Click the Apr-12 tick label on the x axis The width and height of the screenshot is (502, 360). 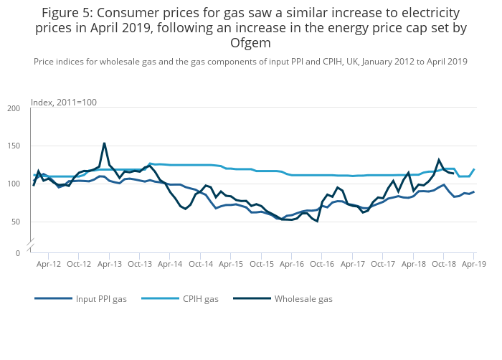pyautogui.click(x=49, y=264)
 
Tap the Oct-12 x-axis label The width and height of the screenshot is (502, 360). pyautogui.click(x=79, y=264)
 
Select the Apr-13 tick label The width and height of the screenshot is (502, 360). pyautogui.click(x=110, y=264)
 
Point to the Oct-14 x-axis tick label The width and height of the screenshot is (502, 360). pyautogui.click(x=201, y=264)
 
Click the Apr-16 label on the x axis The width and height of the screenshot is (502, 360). pyautogui.click(x=292, y=264)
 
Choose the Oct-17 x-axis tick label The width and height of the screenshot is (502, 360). pyautogui.click(x=383, y=264)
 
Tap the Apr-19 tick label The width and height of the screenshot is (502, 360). pyautogui.click(x=474, y=264)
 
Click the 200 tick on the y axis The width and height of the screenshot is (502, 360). pyautogui.click(x=14, y=109)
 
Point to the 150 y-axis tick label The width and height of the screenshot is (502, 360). pyautogui.click(x=14, y=146)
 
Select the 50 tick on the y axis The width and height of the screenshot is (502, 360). pyautogui.click(x=16, y=222)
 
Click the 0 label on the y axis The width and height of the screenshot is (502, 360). pyautogui.click(x=18, y=253)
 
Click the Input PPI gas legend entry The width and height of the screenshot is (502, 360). pyautogui.click(x=101, y=299)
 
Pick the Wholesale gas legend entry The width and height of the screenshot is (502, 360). pyautogui.click(x=303, y=299)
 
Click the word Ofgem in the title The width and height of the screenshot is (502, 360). pyautogui.click(x=250, y=42)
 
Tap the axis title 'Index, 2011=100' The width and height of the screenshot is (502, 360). pyautogui.click(x=64, y=103)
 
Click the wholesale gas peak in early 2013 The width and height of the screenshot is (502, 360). pyautogui.click(x=105, y=143)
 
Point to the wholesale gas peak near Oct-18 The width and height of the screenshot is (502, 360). pyautogui.click(x=439, y=160)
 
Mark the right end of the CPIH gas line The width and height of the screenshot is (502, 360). pyautogui.click(x=474, y=169)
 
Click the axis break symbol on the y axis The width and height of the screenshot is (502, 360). pyautogui.click(x=31, y=246)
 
